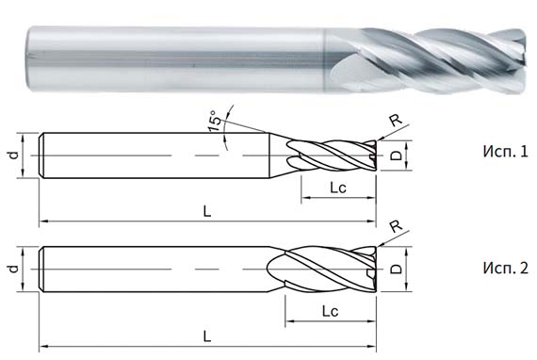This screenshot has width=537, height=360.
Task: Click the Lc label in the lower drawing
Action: pos(330,309)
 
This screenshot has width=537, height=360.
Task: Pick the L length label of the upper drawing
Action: pos(206,211)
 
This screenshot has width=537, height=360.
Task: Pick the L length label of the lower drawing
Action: pos(206,334)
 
